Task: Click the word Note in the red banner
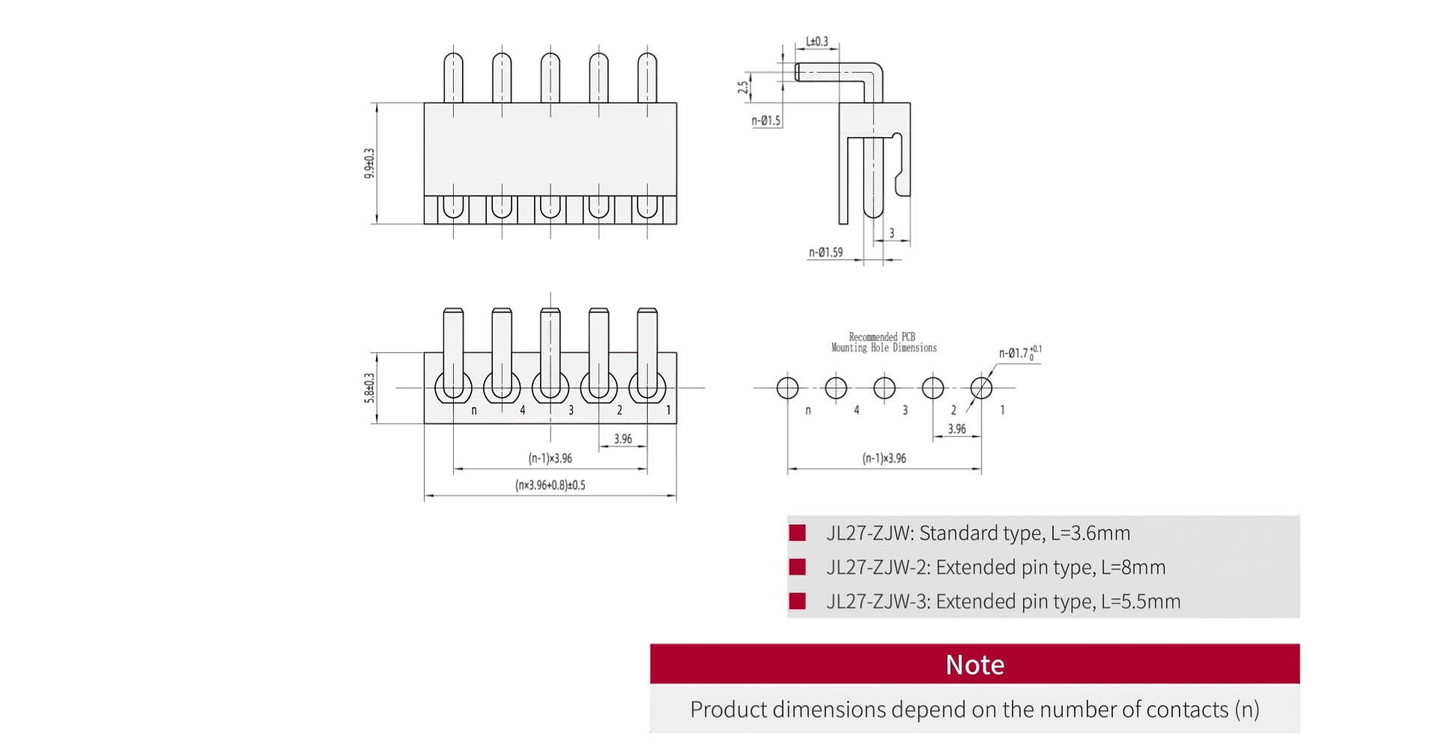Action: click(x=974, y=665)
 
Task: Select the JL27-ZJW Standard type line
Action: click(x=977, y=533)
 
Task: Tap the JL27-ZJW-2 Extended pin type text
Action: click(x=995, y=567)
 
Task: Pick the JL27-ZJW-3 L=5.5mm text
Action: click(x=1003, y=602)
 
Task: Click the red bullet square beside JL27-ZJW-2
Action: click(x=798, y=567)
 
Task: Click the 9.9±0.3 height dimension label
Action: click(x=369, y=163)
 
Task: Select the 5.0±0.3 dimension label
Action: click(x=369, y=388)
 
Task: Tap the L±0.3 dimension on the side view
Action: click(x=817, y=42)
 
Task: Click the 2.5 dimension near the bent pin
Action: click(x=743, y=87)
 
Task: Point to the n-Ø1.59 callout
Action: click(x=825, y=252)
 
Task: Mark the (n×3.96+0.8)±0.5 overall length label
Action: click(x=550, y=486)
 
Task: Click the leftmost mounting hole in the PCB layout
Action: click(x=787, y=388)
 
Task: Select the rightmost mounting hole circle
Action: click(x=981, y=388)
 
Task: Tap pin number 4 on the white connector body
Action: click(x=523, y=411)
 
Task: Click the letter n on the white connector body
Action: click(x=474, y=411)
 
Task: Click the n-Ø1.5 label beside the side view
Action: click(x=766, y=121)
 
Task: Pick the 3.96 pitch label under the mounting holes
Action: click(x=956, y=429)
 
